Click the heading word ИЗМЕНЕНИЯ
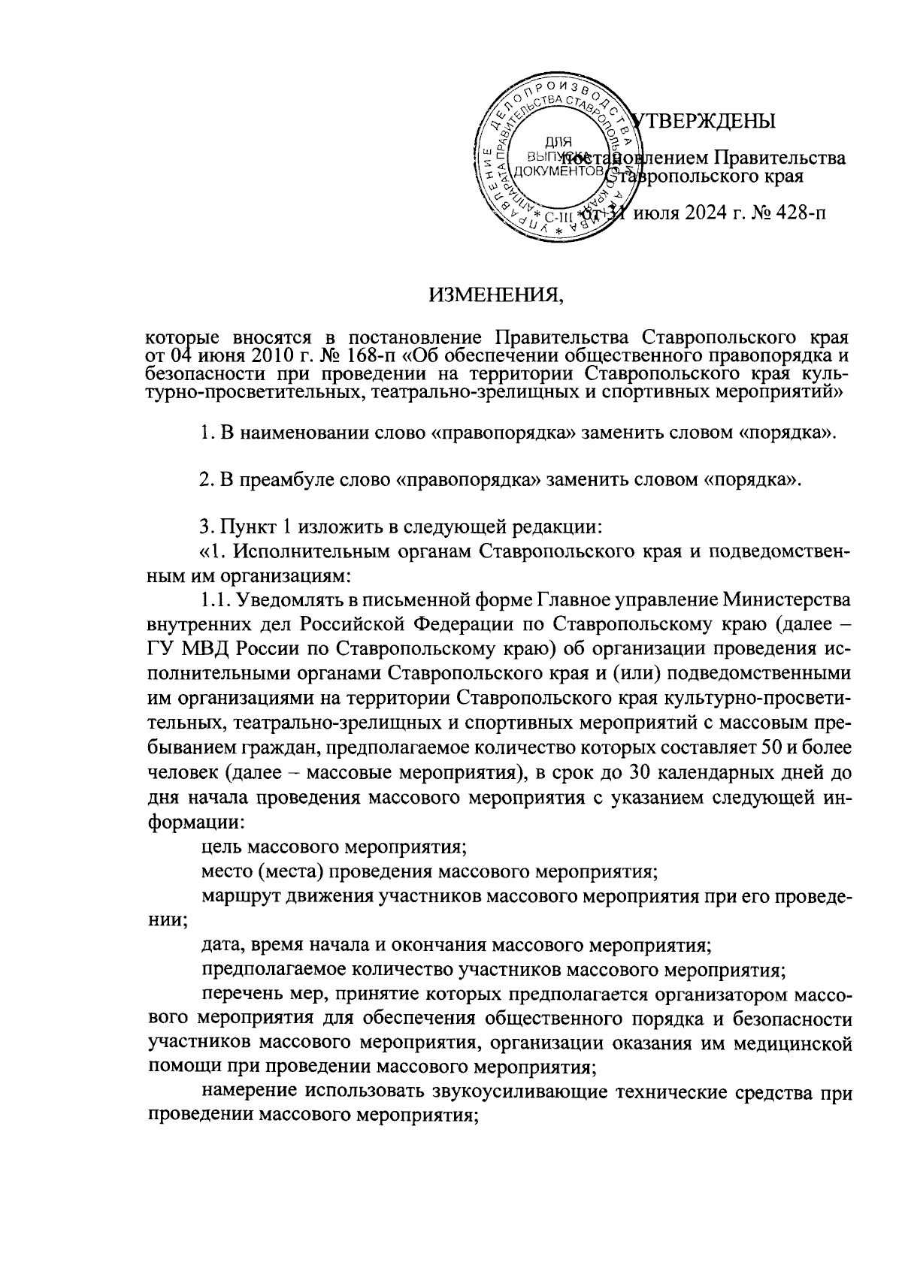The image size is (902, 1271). (495, 294)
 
